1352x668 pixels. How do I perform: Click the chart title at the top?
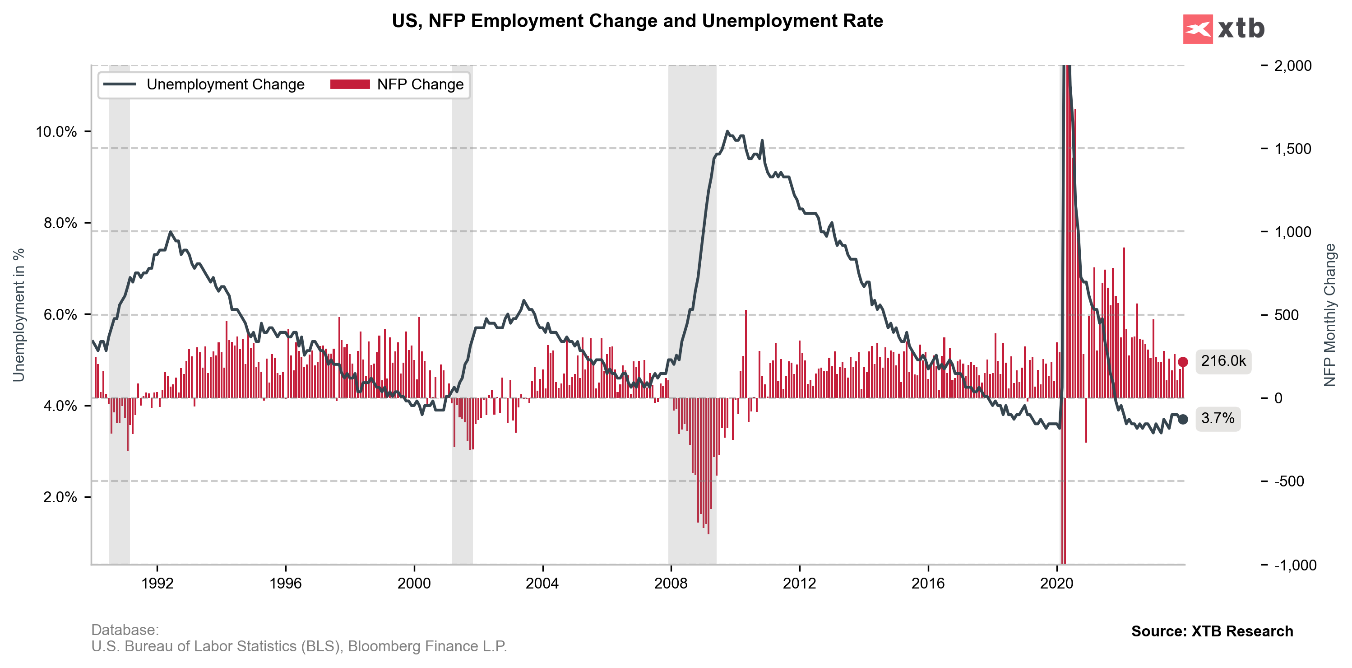(637, 21)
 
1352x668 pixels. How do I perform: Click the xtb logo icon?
(1197, 29)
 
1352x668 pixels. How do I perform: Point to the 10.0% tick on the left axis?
(56, 132)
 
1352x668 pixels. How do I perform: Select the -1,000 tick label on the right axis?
(1295, 565)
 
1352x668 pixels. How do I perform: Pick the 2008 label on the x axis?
(671, 584)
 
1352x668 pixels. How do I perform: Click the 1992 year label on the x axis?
(157, 584)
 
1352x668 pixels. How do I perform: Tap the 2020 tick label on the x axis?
(1056, 584)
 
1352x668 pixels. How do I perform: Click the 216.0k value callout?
(1223, 361)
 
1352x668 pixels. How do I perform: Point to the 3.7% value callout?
(1218, 419)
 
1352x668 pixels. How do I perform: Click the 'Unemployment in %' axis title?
(19, 315)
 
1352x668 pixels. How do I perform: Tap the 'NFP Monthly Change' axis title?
(1329, 315)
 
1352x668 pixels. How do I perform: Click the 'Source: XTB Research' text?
(1212, 631)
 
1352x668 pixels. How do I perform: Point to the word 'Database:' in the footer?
(125, 630)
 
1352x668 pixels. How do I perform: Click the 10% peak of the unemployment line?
(727, 131)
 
